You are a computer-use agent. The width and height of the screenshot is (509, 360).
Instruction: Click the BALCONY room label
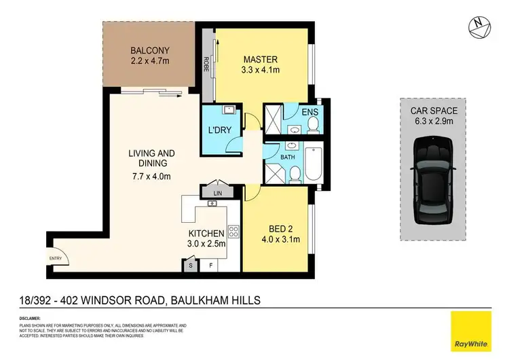pos(151,50)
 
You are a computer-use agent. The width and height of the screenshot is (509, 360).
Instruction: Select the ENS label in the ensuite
pos(309,113)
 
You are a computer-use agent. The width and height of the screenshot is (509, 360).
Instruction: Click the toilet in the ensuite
pos(313,124)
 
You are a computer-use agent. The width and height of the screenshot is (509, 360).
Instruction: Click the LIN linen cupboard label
pos(217,193)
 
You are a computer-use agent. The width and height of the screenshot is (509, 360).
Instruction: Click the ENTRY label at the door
pos(55,257)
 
